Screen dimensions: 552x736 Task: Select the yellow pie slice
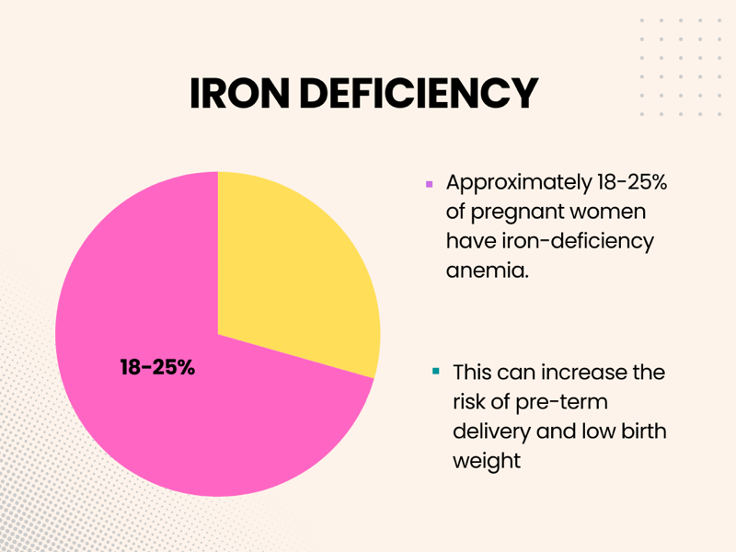tap(294, 267)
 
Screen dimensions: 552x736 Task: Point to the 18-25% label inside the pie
tap(157, 367)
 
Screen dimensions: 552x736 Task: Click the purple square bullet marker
tap(429, 184)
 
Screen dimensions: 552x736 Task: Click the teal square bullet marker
tap(436, 373)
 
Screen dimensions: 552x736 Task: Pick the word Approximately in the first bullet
tap(520, 183)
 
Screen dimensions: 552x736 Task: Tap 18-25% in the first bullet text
tap(634, 183)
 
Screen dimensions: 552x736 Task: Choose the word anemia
tap(488, 271)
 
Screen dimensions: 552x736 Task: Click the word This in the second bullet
tap(472, 373)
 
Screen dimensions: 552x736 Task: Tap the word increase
tap(572, 373)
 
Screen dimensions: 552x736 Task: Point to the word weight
tap(487, 461)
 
